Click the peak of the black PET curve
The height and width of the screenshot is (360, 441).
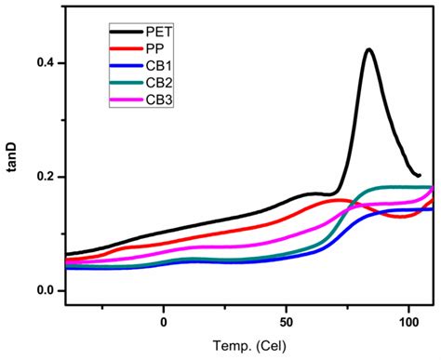[368, 50]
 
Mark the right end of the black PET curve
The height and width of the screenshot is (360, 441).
[420, 175]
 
